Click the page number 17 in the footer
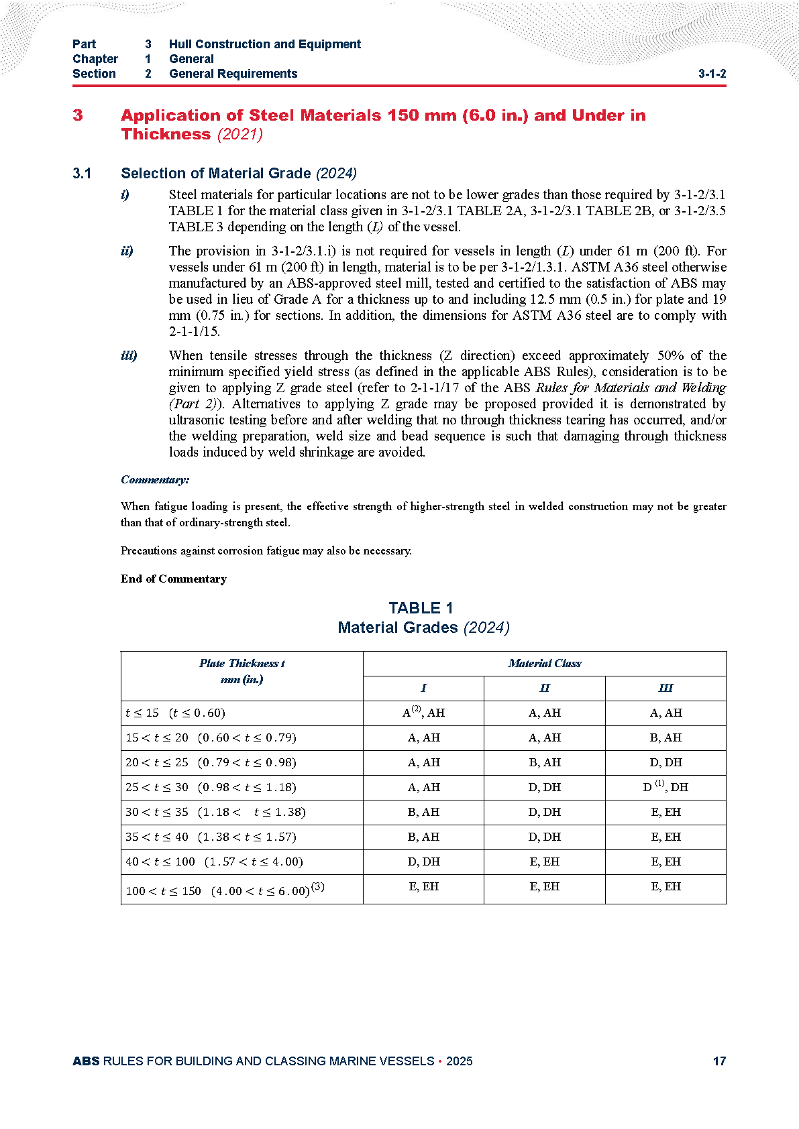click(719, 1061)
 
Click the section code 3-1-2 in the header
click(712, 74)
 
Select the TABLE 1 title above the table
click(421, 608)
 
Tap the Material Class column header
click(544, 663)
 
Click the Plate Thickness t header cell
click(242, 663)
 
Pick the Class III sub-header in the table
click(665, 688)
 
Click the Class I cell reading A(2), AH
click(423, 713)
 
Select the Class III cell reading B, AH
click(665, 737)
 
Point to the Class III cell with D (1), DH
click(665, 787)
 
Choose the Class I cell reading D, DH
click(423, 861)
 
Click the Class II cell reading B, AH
click(544, 762)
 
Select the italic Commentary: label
click(155, 479)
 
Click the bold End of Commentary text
click(174, 579)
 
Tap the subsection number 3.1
click(82, 174)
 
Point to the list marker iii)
click(129, 355)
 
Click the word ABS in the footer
click(86, 1061)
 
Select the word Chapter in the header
click(95, 59)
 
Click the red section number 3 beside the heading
click(78, 115)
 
